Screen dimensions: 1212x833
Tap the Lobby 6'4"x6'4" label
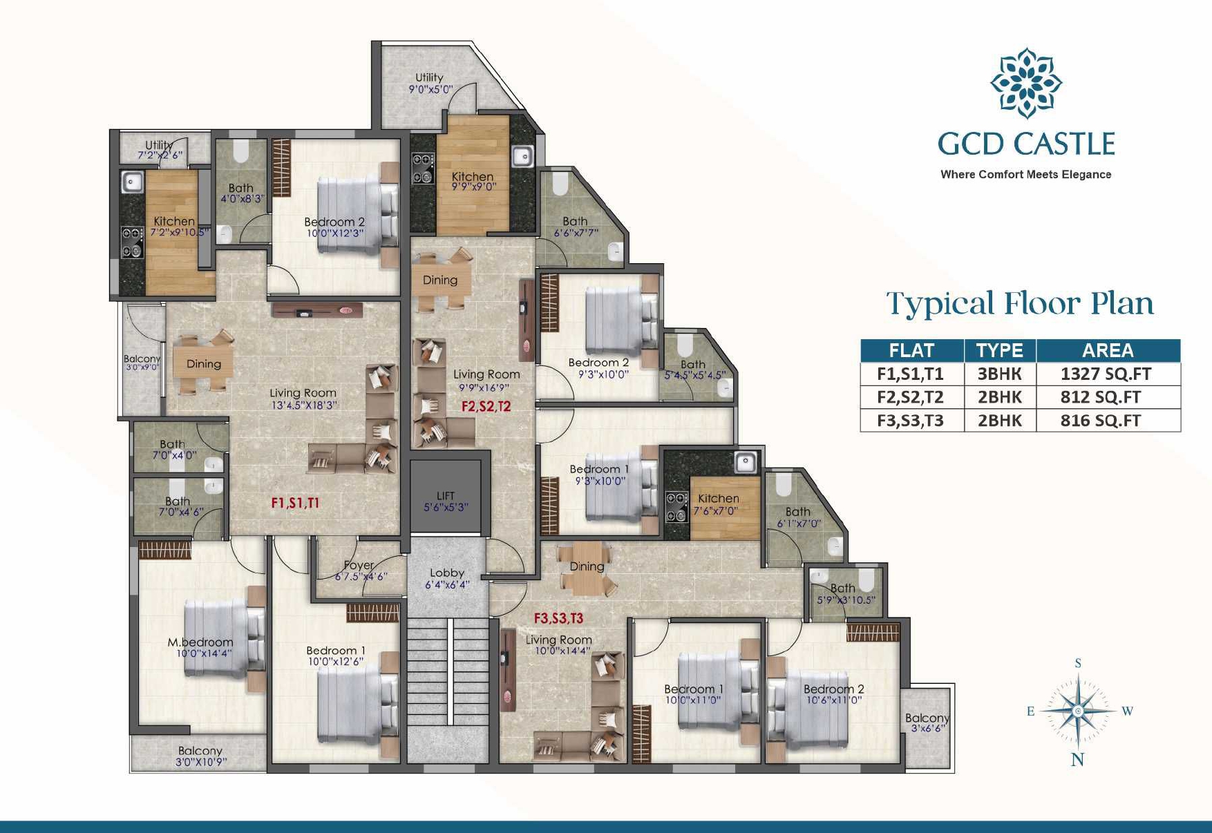447,578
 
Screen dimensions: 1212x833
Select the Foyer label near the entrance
359,565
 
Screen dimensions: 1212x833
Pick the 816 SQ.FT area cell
1100,421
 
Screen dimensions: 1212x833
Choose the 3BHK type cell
999,374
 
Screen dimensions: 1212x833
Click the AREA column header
1108,350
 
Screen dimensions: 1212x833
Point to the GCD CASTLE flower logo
1026,83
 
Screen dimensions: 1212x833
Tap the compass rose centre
1077,711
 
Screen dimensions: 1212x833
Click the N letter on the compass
1077,760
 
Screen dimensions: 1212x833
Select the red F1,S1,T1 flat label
295,503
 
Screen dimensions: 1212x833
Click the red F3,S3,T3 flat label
558,618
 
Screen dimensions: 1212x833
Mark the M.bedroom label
200,642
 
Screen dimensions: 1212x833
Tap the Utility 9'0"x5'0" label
430,83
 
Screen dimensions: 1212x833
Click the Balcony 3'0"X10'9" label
200,756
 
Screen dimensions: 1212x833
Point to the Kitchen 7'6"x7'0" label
718,504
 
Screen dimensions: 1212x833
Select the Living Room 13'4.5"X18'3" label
303,399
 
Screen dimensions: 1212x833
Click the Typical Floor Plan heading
1020,304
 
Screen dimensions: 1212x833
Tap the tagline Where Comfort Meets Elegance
1026,175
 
